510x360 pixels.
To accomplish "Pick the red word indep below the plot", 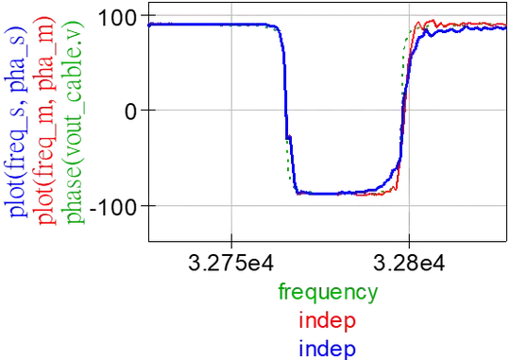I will point(327,321).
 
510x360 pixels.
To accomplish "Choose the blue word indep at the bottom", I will point(327,348).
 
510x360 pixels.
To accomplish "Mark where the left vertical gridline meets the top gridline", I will point(229,18).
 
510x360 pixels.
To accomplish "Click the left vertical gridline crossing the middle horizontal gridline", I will point(229,110).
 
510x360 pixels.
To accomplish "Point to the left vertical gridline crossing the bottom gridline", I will point(229,201).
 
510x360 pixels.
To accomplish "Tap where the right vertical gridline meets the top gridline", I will point(409,18).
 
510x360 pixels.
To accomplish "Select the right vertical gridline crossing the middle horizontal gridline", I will point(409,110).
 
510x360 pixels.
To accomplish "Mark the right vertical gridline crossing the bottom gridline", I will point(409,201).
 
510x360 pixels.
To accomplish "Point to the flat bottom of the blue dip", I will point(340,193).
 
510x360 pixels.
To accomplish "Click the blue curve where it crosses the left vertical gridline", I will point(229,24).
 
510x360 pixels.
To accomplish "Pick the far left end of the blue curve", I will point(149,24).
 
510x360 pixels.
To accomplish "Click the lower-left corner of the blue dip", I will point(298,191).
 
